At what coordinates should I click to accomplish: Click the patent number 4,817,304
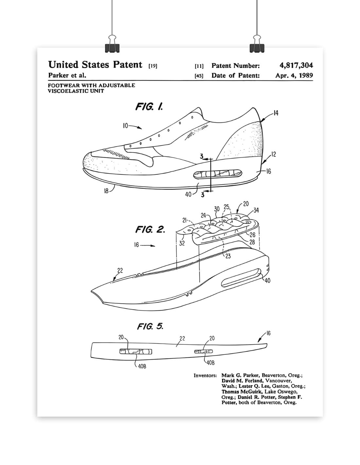point(294,65)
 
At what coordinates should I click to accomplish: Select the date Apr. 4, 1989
point(294,76)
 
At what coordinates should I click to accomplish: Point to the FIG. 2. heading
point(150,229)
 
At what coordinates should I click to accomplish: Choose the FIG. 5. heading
point(150,326)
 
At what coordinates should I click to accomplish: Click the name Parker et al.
point(67,75)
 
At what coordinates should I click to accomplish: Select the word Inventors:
point(205,376)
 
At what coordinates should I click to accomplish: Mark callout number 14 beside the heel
point(276,113)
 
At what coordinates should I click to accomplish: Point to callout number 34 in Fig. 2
point(256,210)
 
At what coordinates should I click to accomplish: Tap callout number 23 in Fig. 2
point(228,256)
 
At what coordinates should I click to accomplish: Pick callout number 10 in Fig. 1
point(125,126)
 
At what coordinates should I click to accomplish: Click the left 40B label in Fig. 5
point(142,367)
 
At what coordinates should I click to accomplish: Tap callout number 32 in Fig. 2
point(182,243)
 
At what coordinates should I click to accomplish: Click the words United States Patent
point(95,65)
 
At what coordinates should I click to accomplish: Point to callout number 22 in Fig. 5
point(182,338)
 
